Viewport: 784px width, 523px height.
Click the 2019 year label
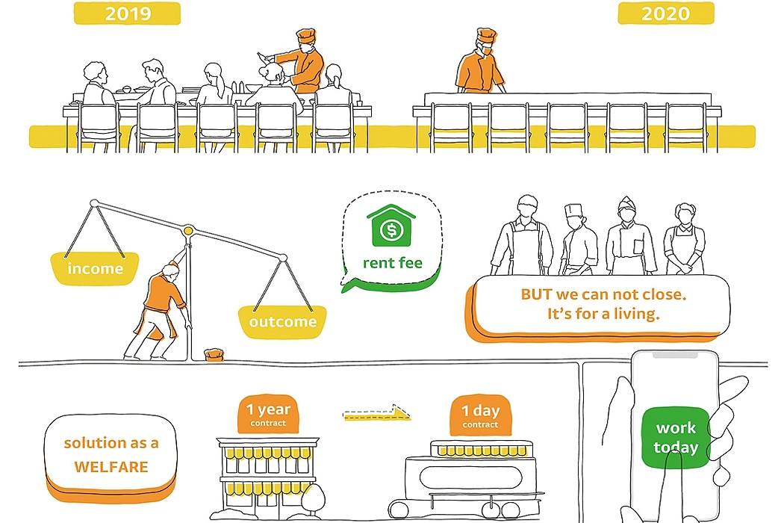(127, 13)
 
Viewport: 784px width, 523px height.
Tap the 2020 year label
(665, 13)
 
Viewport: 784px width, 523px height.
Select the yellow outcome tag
(283, 322)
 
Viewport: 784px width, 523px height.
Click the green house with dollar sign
(391, 227)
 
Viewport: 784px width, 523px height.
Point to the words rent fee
(392, 263)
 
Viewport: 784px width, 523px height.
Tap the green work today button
(676, 438)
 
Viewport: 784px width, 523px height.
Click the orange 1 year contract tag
(268, 413)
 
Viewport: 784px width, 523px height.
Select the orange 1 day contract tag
(480, 415)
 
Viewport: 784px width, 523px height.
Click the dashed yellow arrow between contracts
(377, 413)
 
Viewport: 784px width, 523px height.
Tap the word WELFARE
(111, 468)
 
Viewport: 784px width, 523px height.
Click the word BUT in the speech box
(536, 294)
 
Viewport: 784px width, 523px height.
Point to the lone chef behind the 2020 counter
(479, 64)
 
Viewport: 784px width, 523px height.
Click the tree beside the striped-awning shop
(313, 497)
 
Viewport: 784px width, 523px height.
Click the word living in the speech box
(635, 314)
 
